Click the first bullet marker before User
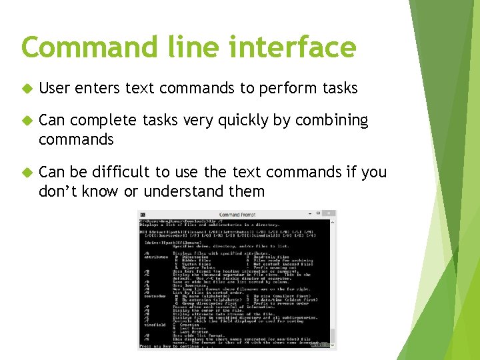pos(27,89)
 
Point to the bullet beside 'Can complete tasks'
pos(27,121)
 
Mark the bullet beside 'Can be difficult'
pos(27,173)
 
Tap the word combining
pos(332,121)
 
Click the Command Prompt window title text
pos(237,215)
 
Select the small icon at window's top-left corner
pos(142,215)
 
